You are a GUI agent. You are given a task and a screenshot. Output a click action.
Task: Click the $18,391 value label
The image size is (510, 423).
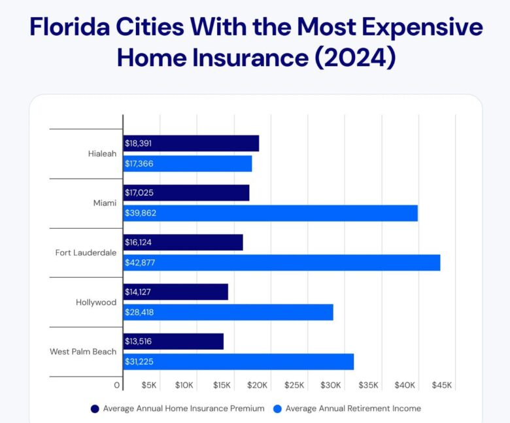[x=139, y=143]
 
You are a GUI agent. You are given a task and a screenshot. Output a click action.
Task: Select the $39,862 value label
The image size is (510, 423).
[x=141, y=213]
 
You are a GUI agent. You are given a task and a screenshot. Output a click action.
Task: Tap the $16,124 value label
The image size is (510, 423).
[x=139, y=243]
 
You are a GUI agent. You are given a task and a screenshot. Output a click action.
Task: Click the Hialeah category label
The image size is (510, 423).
[x=102, y=154]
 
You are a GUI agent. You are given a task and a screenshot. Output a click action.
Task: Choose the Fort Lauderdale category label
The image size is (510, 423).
[x=86, y=253]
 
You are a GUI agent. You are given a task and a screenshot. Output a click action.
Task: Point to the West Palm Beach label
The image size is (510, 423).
[x=83, y=352]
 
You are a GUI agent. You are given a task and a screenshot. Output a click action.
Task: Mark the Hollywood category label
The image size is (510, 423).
[x=96, y=303]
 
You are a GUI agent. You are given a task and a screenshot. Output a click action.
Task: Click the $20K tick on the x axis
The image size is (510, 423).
[x=258, y=386]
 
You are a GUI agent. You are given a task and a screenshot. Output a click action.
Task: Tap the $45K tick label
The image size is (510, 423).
[x=442, y=386]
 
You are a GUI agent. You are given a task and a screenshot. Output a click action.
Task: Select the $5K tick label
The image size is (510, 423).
[x=148, y=386]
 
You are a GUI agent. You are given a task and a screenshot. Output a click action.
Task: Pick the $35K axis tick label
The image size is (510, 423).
[x=369, y=386]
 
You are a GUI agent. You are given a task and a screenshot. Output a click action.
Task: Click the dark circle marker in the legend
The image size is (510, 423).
[x=95, y=409]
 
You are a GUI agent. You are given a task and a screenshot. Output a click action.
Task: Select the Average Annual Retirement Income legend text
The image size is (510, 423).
[x=353, y=409]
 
